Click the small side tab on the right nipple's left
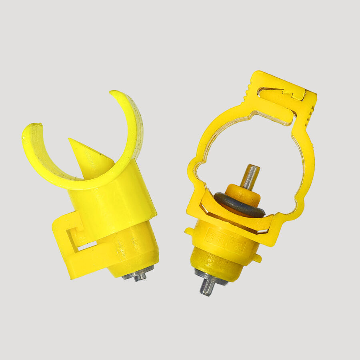click(189, 231)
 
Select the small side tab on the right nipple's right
click(257, 258)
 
